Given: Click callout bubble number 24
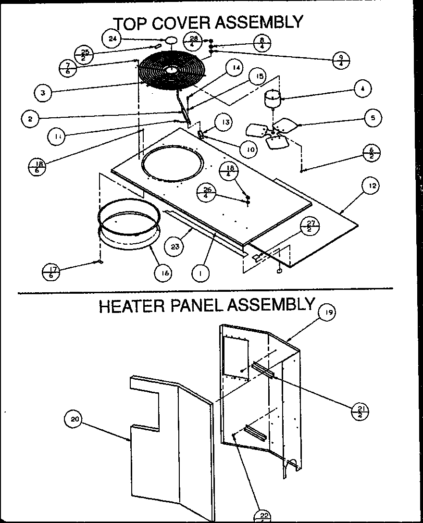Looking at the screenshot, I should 112,39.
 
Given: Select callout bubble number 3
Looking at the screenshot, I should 44,92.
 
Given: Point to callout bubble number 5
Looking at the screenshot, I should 373,117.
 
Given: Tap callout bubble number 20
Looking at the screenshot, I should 74,419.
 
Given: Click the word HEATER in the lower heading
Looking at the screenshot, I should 131,306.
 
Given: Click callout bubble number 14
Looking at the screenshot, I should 235,68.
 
